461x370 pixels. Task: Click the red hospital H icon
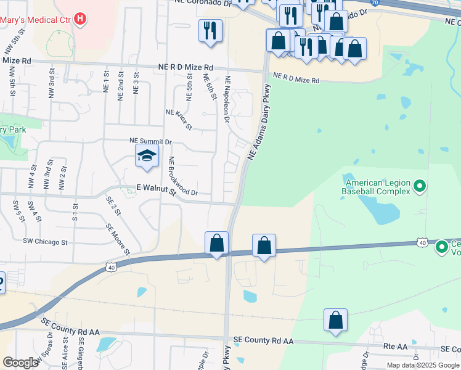tap(80, 19)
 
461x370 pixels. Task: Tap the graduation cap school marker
tap(147, 157)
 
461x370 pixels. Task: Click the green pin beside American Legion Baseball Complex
tap(420, 185)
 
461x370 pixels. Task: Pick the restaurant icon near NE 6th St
tap(210, 30)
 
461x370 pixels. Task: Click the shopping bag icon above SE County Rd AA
tap(335, 320)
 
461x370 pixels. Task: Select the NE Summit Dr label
tap(150, 141)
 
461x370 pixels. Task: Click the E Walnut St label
tap(156, 192)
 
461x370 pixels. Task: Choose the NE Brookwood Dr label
tap(182, 177)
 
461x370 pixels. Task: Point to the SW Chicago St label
tap(45, 242)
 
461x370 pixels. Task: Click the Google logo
tap(20, 363)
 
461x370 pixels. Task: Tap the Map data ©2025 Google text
tap(423, 365)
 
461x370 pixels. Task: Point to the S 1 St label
tap(75, 212)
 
